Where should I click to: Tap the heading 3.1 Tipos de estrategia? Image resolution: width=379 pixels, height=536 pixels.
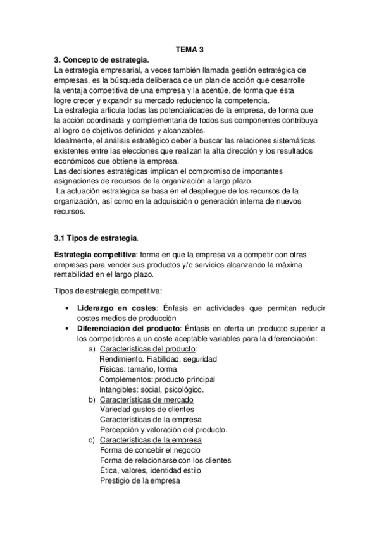pyautogui.click(x=96, y=238)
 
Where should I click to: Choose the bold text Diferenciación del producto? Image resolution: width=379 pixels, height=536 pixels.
pyautogui.click(x=128, y=328)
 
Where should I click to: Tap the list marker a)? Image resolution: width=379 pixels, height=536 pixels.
pyautogui.click(x=92, y=349)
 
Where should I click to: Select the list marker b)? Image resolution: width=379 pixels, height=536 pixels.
pyautogui.click(x=92, y=399)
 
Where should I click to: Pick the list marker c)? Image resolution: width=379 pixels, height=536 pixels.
pyautogui.click(x=92, y=440)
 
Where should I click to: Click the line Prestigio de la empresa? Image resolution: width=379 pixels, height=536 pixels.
pyautogui.click(x=140, y=480)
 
